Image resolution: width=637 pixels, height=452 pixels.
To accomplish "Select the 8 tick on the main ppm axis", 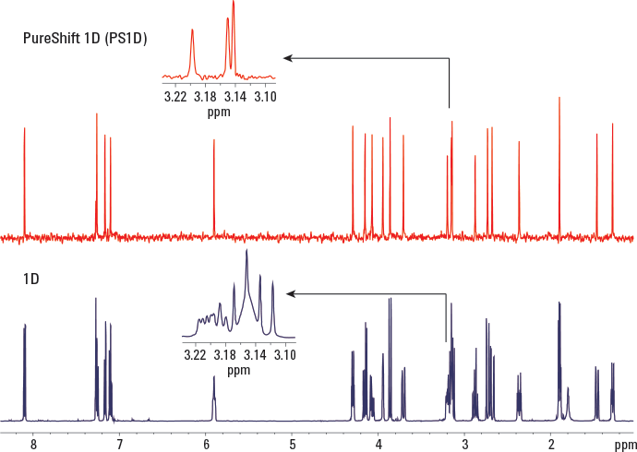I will coord(34,444).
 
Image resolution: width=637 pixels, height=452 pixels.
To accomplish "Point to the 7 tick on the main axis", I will coord(120,444).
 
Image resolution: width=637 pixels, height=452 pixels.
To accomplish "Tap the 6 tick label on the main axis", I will coord(206,444).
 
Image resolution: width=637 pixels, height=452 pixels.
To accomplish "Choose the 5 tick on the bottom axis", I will coord(292,444).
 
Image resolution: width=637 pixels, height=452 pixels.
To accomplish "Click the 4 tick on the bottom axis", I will coord(379,444).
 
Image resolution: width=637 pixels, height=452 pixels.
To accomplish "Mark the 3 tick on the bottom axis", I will coord(464,444).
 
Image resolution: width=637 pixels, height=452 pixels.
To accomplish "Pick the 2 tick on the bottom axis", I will coord(550,444).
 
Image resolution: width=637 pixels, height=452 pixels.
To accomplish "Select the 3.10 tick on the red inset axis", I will coord(265,95).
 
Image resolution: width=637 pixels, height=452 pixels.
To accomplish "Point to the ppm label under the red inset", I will coord(219,112).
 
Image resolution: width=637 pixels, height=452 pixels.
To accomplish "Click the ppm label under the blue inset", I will coord(239,370).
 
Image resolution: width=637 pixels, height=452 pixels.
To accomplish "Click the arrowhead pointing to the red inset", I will coord(288,58).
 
